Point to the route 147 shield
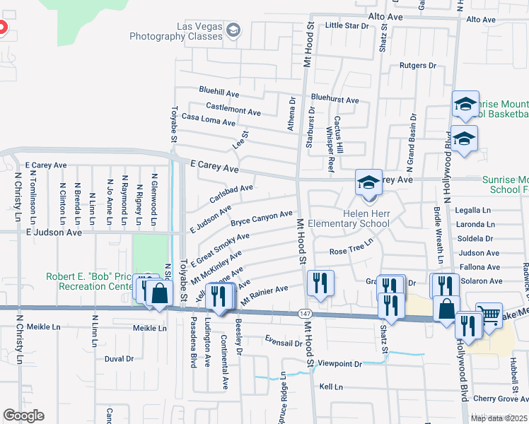point(302,313)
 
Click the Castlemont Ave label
point(233,110)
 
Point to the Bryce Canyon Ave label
point(261,218)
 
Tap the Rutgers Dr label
point(418,65)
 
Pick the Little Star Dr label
point(347,25)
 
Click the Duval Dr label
point(119,359)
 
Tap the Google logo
point(23,416)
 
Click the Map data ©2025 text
point(499,418)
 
